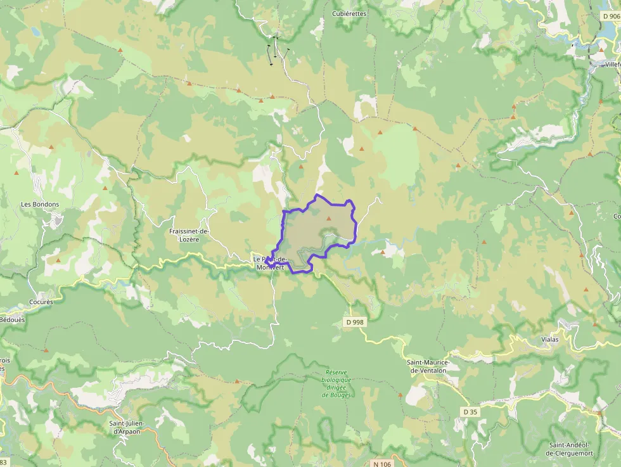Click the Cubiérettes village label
pyautogui.click(x=349, y=13)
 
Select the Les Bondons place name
pyautogui.click(x=40, y=204)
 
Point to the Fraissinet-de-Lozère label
pyautogui.click(x=189, y=235)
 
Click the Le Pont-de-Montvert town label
pyautogui.click(x=271, y=263)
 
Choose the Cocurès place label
pyautogui.click(x=41, y=302)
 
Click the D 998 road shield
pyautogui.click(x=355, y=322)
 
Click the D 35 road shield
pyautogui.click(x=470, y=412)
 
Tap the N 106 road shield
pyautogui.click(x=382, y=464)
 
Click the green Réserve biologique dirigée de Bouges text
pyautogui.click(x=336, y=383)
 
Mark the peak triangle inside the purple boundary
pyautogui.click(x=328, y=219)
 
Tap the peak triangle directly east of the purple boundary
pyautogui.click(x=383, y=252)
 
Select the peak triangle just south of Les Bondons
pyautogui.click(x=59, y=260)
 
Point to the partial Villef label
pyautogui.click(x=612, y=65)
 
